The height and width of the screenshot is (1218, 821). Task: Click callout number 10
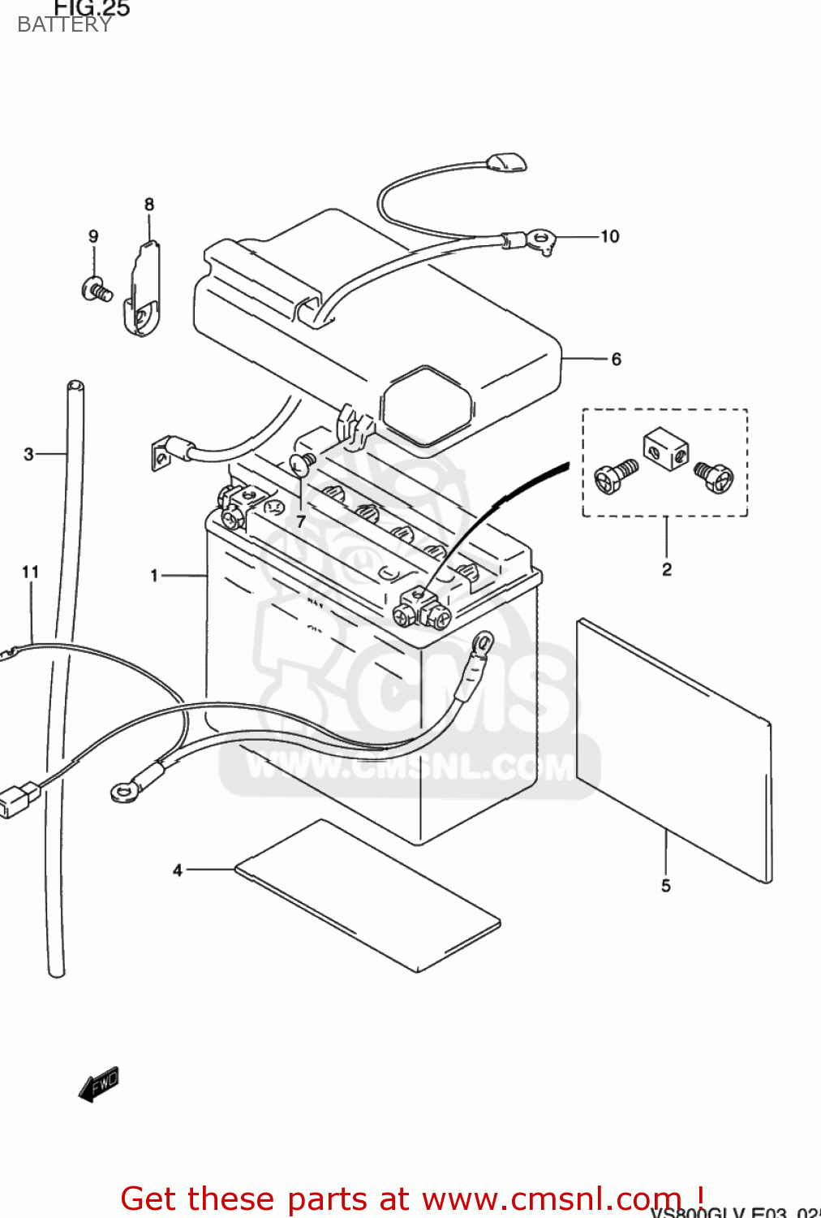point(609,236)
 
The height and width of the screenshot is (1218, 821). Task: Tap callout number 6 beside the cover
point(616,359)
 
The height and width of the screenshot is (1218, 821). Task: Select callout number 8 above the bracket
point(149,205)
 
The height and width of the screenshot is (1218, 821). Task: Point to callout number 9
point(93,236)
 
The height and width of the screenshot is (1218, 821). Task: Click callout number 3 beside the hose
point(29,454)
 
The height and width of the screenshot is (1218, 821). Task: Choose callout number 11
point(30,572)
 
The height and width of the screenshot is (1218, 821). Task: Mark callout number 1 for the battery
point(154,576)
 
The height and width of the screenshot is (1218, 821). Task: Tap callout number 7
point(301,521)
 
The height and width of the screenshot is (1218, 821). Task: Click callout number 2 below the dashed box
point(666,569)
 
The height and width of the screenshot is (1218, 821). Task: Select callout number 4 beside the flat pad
point(178,870)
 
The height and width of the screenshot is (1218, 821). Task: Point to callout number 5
point(665,886)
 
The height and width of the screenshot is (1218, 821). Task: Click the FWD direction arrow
point(99,1084)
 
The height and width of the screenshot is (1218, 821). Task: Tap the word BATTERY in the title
point(65,25)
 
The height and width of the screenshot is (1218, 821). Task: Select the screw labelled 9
point(97,289)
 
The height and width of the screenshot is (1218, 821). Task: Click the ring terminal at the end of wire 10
point(539,240)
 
